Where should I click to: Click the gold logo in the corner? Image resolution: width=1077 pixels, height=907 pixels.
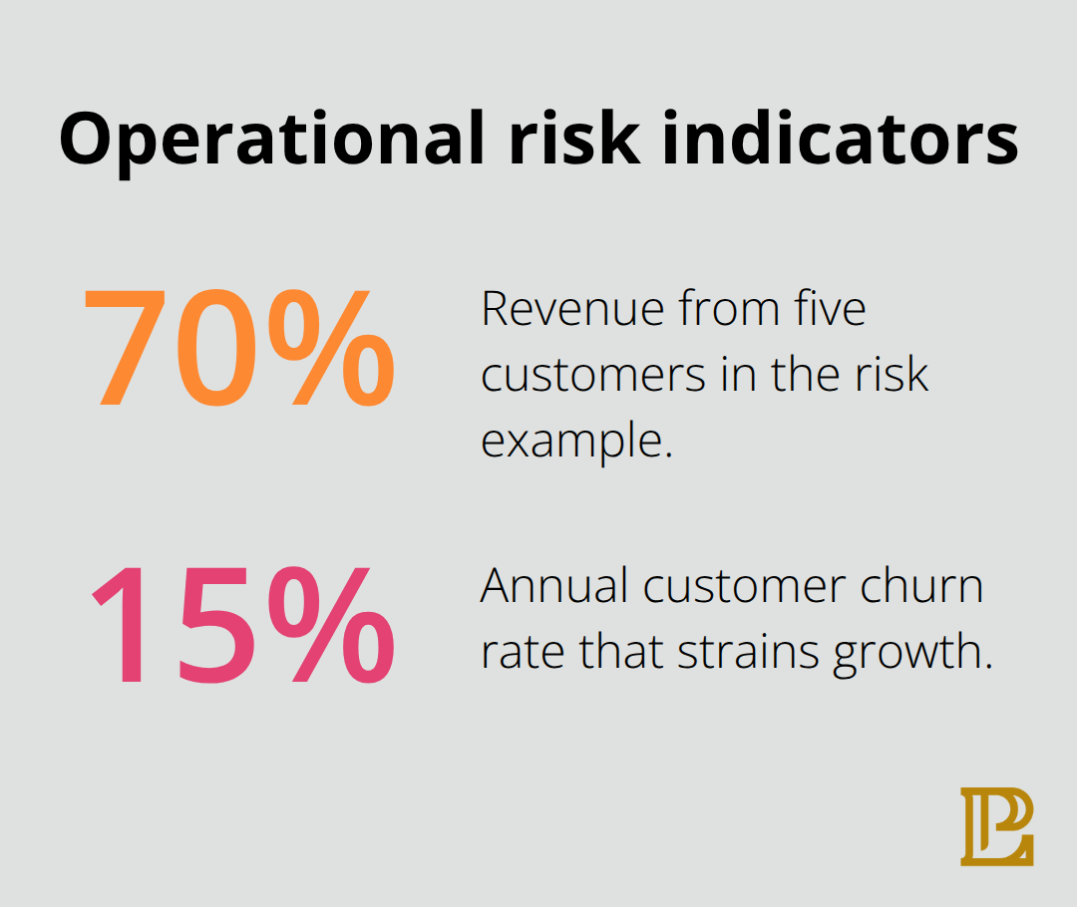(997, 826)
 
